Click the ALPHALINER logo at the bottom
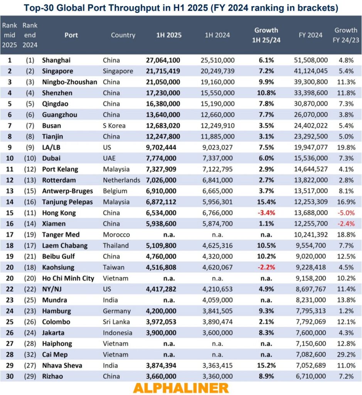(181, 387)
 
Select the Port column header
(71, 35)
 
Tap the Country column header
(123, 35)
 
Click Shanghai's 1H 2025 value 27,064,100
(163, 60)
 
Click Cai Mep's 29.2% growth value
(346, 354)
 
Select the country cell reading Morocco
(116, 235)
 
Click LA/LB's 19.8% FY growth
(346, 147)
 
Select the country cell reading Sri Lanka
(117, 322)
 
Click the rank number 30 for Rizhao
(9, 376)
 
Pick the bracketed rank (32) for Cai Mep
(30, 354)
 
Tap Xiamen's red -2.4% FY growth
(346, 224)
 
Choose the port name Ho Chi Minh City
(68, 278)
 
